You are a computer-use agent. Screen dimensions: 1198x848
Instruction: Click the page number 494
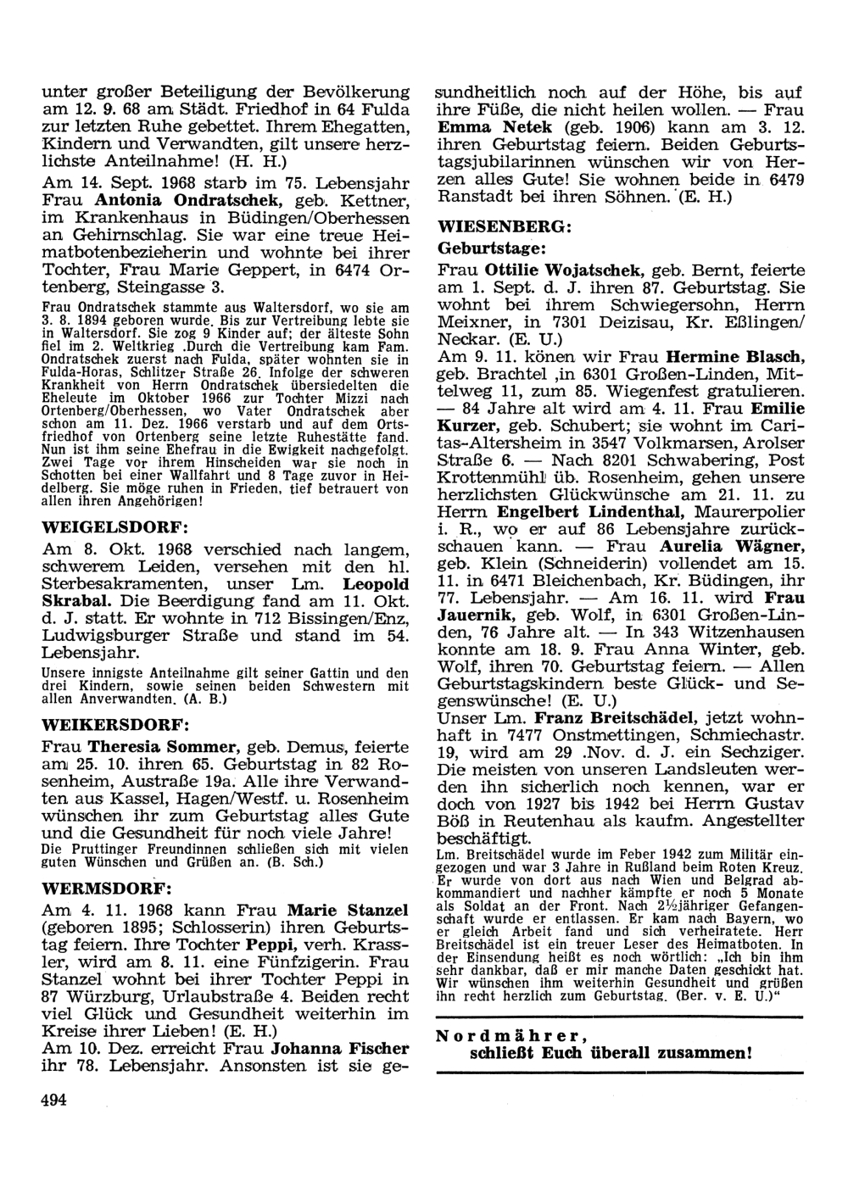tap(53, 1100)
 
